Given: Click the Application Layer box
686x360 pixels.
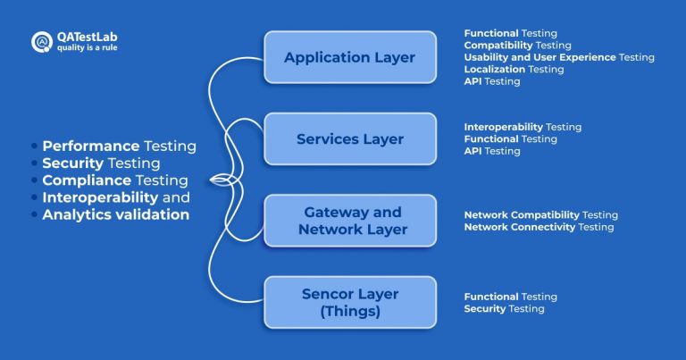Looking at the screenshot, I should click(349, 57).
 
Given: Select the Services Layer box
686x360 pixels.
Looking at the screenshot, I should click(349, 138).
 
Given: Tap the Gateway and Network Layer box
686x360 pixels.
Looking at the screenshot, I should click(349, 221).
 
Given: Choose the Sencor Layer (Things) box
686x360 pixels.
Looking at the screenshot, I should click(349, 302).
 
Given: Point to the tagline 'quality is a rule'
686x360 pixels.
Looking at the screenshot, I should click(86, 47).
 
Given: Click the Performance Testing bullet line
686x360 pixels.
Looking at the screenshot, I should click(119, 146).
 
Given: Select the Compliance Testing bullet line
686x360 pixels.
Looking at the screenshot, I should click(114, 180).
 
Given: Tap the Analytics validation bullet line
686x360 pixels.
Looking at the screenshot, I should click(115, 214).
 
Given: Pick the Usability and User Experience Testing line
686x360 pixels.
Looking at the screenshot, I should click(558, 57).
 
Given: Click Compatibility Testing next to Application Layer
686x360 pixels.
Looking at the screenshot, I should click(517, 45).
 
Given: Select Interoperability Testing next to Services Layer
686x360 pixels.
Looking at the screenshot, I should click(523, 127).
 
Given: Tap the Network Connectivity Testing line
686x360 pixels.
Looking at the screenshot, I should click(539, 227).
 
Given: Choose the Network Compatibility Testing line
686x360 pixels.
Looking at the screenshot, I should click(540, 215).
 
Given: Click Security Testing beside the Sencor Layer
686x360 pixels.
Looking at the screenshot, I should click(504, 308).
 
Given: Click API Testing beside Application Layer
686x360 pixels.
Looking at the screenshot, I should click(491, 81).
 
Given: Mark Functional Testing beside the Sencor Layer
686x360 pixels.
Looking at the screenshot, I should click(510, 297).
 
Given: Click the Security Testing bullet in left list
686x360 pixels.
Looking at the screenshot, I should click(101, 163).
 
